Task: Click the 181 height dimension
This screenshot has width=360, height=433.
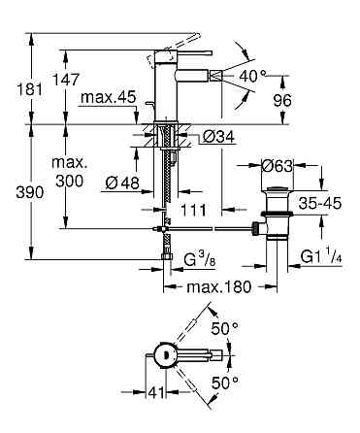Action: click(29, 89)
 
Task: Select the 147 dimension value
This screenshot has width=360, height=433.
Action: click(66, 80)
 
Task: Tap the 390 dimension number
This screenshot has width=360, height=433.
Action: click(29, 193)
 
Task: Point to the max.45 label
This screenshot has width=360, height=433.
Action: click(109, 97)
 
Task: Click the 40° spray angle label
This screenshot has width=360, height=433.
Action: click(252, 77)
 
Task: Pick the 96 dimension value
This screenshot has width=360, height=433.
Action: click(282, 101)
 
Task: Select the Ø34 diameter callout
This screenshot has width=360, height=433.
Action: click(218, 137)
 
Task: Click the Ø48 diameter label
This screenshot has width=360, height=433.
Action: click(122, 183)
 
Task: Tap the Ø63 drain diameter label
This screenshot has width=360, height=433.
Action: click(278, 166)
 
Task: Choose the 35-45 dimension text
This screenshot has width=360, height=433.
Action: click(319, 204)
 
